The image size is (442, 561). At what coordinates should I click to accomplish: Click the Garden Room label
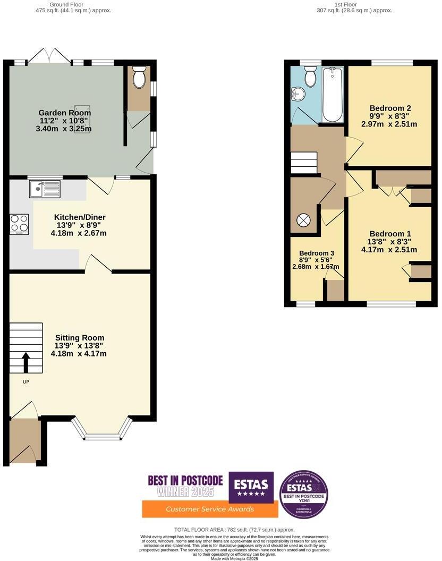[64, 113]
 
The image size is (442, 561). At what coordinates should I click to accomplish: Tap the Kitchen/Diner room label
[80, 217]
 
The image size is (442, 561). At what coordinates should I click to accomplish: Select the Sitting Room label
[80, 337]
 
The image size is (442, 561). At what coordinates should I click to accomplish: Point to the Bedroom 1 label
[390, 234]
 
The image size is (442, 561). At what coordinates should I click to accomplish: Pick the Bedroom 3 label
[316, 253]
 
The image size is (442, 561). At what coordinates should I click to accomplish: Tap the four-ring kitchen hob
[19, 224]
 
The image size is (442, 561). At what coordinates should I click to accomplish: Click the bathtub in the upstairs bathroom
[333, 95]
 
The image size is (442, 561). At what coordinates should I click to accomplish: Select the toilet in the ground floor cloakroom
[139, 79]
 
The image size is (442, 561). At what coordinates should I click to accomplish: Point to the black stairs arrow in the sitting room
[25, 362]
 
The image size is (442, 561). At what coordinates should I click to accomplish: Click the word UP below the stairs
[25, 381]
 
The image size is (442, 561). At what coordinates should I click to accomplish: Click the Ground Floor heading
[66, 4]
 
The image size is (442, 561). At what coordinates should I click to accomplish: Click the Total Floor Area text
[234, 530]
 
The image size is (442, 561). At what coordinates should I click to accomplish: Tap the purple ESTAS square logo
[251, 487]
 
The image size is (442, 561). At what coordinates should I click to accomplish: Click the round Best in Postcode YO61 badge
[303, 494]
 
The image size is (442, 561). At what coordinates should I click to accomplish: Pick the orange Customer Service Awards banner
[210, 509]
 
